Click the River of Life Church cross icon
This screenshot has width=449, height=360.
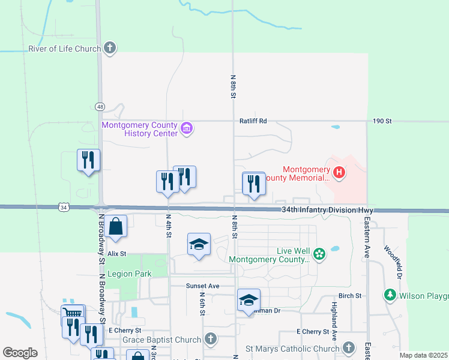tap(109, 48)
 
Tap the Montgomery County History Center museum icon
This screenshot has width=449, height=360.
tap(187, 128)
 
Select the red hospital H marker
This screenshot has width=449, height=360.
tap(339, 173)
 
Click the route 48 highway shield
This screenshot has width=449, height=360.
tap(100, 107)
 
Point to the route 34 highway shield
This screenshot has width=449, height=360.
tap(64, 207)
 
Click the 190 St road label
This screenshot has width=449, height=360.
tap(381, 121)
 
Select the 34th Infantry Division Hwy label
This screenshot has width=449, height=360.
tap(328, 211)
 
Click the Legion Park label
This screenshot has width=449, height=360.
tap(130, 274)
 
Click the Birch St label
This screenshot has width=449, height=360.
tap(350, 296)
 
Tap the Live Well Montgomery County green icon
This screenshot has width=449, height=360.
tap(319, 254)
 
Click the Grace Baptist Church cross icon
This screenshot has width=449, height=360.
tap(210, 340)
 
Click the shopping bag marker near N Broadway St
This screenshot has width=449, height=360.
tap(116, 227)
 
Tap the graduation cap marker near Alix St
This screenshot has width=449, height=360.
tap(199, 245)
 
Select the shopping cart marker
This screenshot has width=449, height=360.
tap(73, 313)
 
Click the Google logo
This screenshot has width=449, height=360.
tap(20, 353)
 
